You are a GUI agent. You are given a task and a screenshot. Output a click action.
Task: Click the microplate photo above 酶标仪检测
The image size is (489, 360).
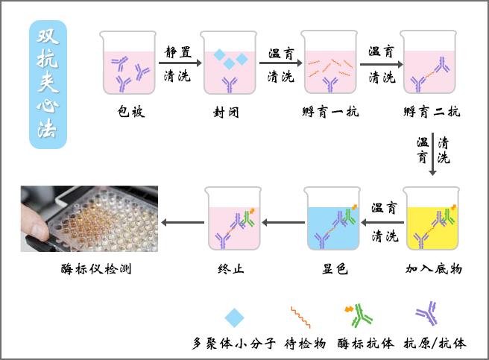pyautogui.click(x=89, y=218)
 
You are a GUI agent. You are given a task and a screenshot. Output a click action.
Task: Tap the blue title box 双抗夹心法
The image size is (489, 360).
pyautogui.click(x=47, y=84)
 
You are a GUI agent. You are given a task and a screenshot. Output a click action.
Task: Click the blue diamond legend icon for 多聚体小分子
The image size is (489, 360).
pyautogui.click(x=235, y=318)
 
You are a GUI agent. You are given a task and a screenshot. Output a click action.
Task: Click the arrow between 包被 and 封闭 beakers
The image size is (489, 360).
pyautogui.click(x=180, y=63)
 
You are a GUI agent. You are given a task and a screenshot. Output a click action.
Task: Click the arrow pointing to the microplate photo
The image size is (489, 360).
pyautogui.click(x=183, y=221)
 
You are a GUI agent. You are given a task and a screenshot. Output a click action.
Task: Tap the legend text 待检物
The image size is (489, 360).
pyautogui.click(x=306, y=344)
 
